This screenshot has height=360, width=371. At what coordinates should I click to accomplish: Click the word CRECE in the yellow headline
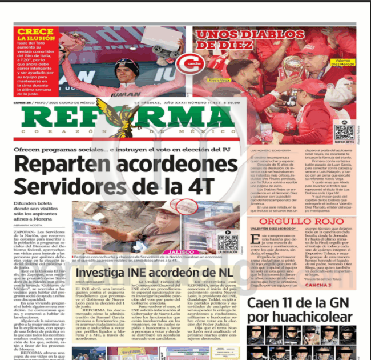(36, 32)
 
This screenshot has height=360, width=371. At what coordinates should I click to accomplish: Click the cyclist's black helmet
(127, 65)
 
